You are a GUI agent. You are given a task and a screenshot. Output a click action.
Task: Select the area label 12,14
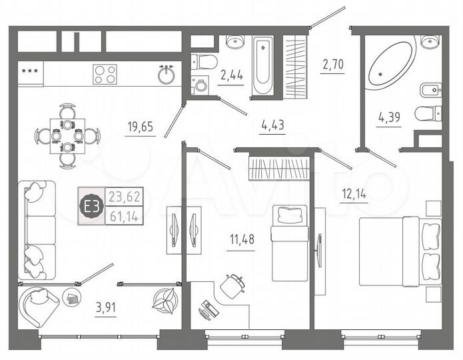point(354,196)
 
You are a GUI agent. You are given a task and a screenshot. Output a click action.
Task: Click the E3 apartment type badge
point(91,206)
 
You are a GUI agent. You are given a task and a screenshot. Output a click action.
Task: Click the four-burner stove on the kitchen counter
point(105,74)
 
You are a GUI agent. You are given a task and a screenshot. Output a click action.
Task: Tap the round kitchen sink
point(167,75)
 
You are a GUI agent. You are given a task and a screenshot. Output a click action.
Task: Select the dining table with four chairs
point(67,135)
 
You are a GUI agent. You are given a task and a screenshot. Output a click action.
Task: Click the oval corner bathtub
point(392,64)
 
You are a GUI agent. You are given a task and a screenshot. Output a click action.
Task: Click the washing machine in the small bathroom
point(199,85)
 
